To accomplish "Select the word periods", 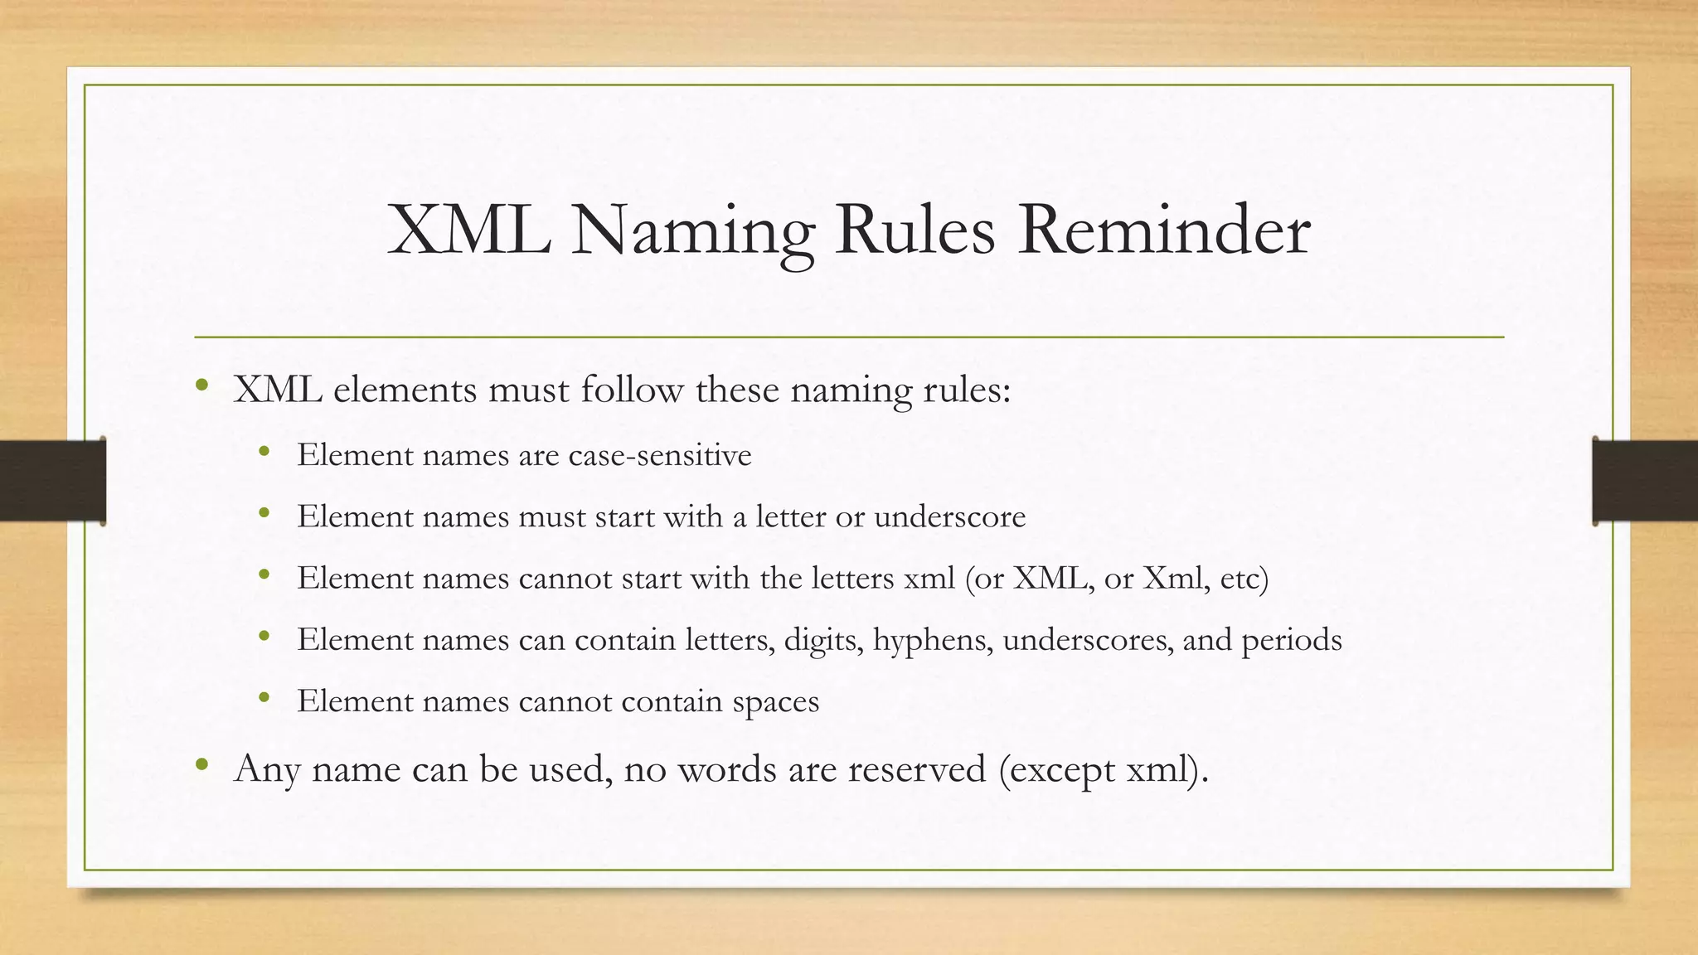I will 1291,640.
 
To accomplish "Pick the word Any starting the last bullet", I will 267,768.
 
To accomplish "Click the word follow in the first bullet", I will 632,390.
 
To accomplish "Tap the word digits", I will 823,640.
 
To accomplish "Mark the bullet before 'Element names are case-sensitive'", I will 264,452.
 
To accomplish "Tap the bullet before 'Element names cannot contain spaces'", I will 264,698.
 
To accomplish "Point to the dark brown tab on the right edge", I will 1645,481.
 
